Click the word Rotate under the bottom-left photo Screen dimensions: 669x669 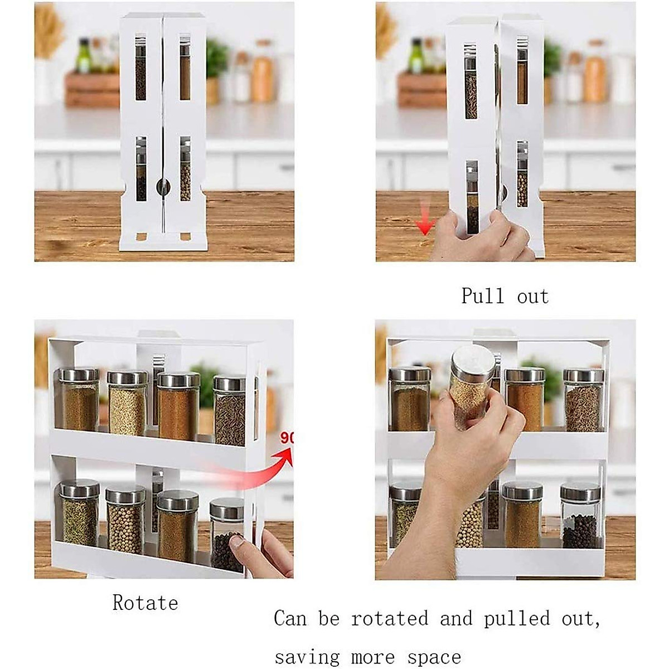(x=145, y=603)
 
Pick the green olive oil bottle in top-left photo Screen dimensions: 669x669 (x=84, y=56)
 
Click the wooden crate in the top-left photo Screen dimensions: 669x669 (x=92, y=89)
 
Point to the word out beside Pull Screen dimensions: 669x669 (x=533, y=295)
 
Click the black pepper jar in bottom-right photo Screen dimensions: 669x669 (x=580, y=516)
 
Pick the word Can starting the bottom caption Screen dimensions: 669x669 (x=290, y=619)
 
